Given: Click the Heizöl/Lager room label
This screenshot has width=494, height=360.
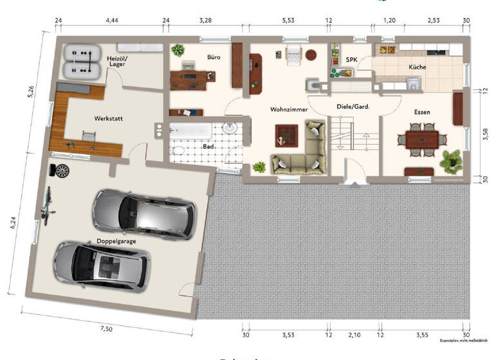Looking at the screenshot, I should pyautogui.click(x=117, y=62).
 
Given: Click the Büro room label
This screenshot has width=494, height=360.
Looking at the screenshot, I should pyautogui.click(x=214, y=57).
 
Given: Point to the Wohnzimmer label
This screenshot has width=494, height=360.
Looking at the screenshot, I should pyautogui.click(x=289, y=109).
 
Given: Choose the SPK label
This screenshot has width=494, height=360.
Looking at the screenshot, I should pyautogui.click(x=352, y=60).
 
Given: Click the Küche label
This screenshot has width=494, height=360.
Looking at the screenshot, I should pyautogui.click(x=417, y=67).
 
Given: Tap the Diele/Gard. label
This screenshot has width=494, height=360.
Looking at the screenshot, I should pyautogui.click(x=352, y=107).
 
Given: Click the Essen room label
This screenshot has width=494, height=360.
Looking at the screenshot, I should pyautogui.click(x=422, y=112).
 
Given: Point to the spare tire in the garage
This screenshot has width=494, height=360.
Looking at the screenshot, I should pyautogui.click(x=62, y=171).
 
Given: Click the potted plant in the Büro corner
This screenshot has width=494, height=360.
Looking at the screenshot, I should pyautogui.click(x=178, y=50).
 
